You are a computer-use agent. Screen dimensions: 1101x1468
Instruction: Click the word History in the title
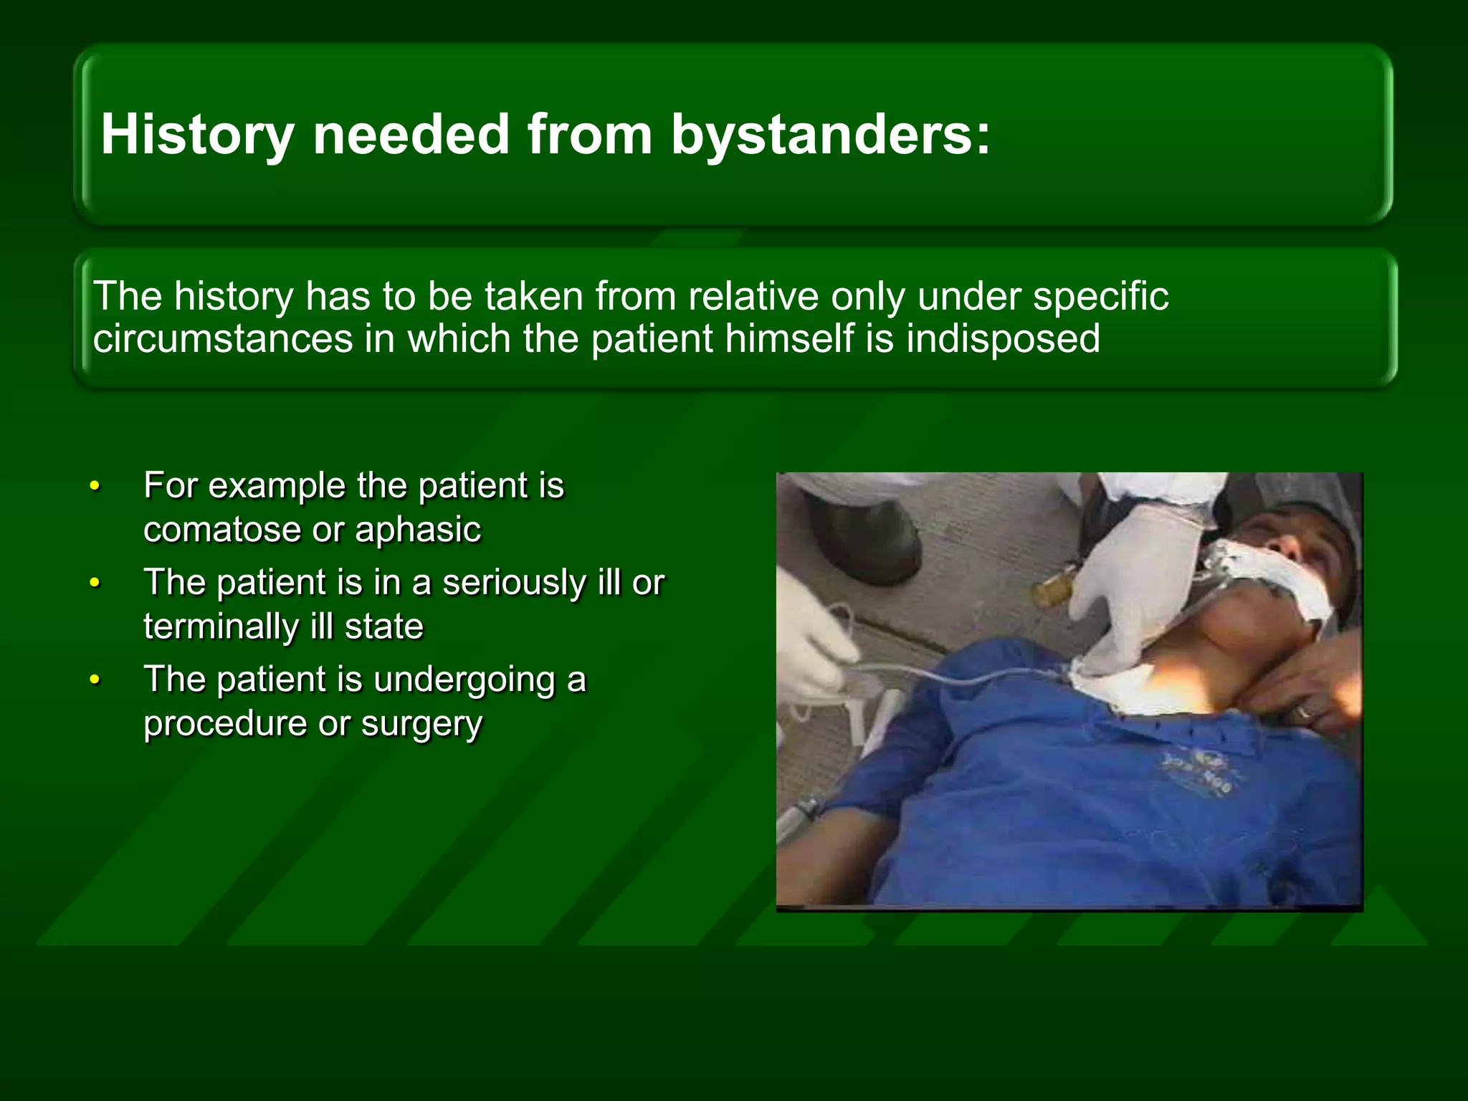(x=197, y=135)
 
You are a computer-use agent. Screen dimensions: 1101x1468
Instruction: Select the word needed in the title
(x=411, y=135)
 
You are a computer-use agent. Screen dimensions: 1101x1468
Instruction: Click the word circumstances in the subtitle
(x=223, y=338)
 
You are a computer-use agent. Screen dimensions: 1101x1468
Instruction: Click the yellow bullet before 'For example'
(x=95, y=487)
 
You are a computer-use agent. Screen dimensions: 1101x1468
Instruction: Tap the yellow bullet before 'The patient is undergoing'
(x=95, y=680)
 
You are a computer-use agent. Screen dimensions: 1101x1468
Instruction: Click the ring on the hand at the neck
(x=1305, y=712)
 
